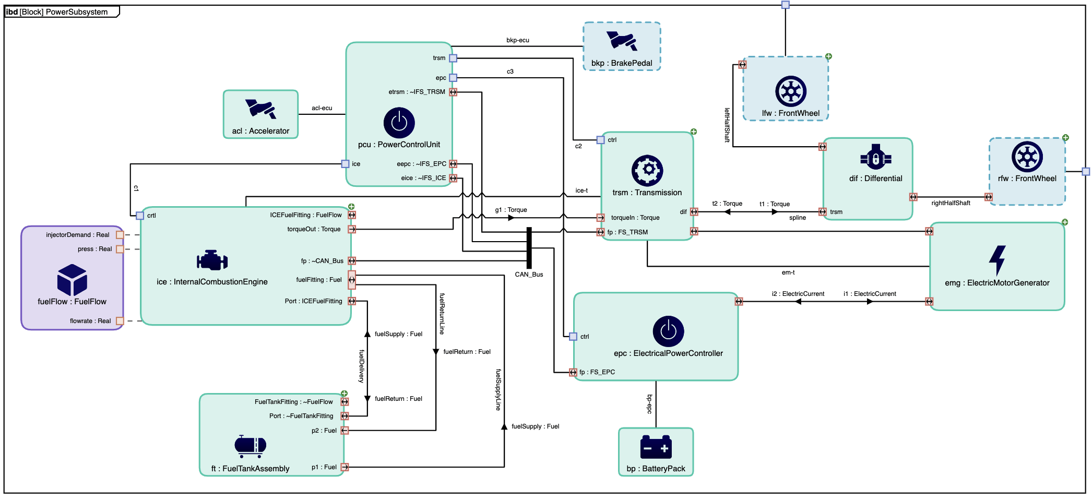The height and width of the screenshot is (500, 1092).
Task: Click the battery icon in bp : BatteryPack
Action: [656, 447]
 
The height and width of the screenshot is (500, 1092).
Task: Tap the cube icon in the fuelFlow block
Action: [72, 279]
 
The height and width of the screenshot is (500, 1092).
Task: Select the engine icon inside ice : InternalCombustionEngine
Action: [212, 260]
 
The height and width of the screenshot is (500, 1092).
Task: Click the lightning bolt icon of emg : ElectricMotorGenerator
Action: [997, 260]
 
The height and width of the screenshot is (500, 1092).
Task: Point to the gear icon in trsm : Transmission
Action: [647, 170]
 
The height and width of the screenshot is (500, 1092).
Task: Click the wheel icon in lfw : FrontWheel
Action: [791, 91]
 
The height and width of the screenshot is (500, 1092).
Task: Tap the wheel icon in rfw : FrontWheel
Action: [1027, 157]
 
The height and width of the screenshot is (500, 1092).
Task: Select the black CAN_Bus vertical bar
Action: [529, 248]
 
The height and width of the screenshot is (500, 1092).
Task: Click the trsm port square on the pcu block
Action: [453, 58]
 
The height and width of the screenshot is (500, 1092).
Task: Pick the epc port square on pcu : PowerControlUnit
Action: [453, 78]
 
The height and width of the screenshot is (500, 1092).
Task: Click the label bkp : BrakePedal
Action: [622, 63]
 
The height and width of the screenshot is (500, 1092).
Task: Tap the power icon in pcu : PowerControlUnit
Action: [399, 123]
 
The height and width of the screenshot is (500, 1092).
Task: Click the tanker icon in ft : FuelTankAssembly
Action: [251, 445]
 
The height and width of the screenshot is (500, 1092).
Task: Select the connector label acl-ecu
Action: [322, 108]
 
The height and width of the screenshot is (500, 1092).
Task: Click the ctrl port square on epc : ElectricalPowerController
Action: [573, 337]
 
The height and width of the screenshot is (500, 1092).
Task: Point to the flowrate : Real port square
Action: [120, 321]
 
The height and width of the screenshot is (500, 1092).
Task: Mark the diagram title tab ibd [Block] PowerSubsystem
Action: [57, 11]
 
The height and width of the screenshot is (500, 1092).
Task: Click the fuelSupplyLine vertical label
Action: [498, 390]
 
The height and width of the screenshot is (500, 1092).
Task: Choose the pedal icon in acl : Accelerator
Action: [260, 109]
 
